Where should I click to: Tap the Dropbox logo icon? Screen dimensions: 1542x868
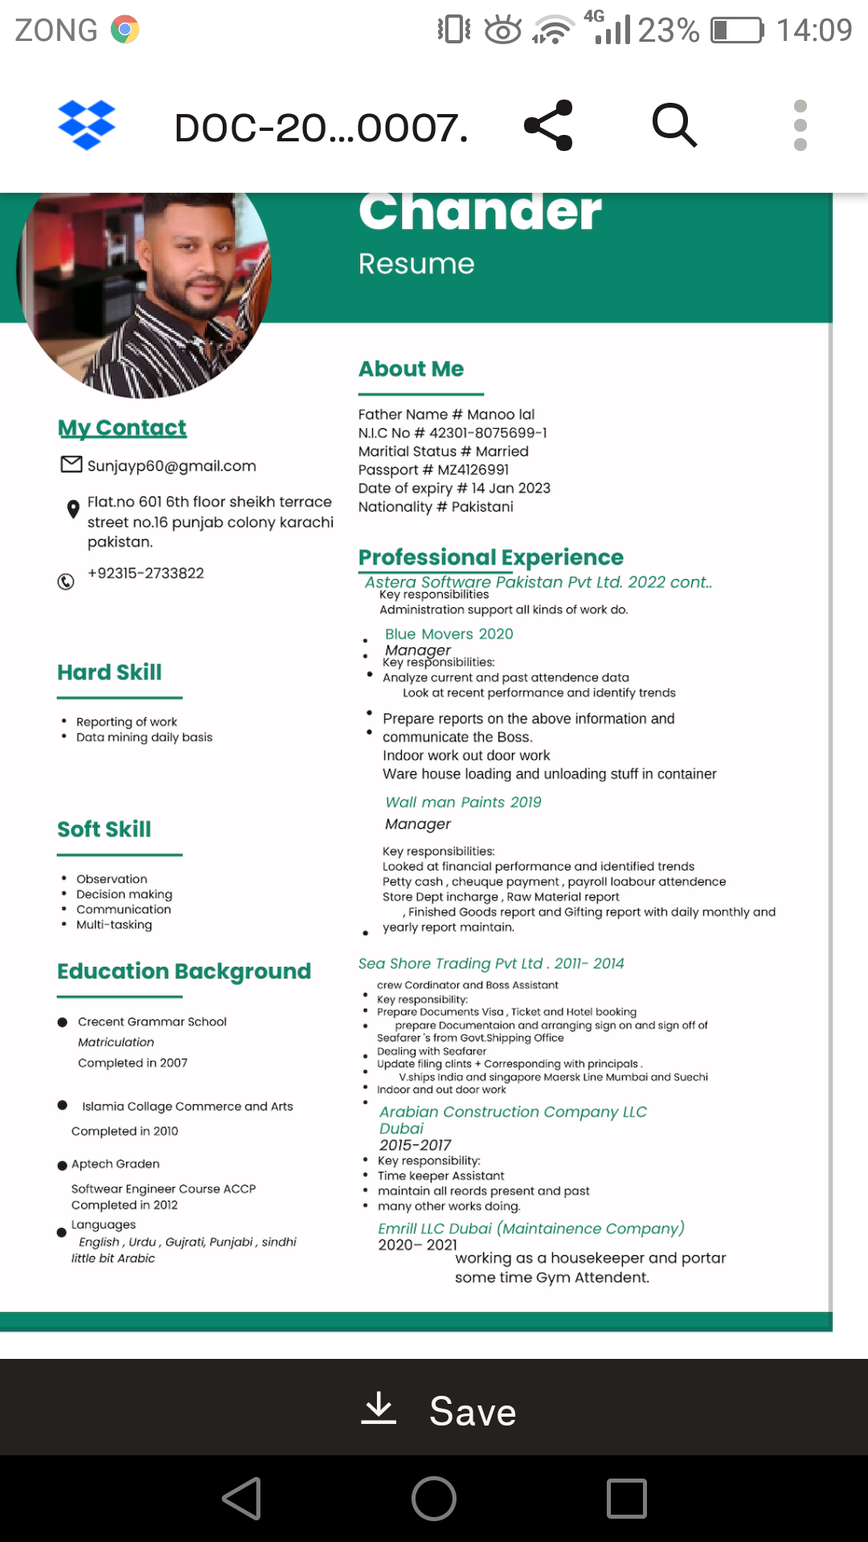point(87,125)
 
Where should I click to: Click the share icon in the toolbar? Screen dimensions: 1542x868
point(549,125)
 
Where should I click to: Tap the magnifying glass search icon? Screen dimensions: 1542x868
point(674,125)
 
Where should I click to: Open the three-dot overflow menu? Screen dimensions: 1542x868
point(800,125)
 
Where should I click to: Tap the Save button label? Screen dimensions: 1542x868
point(473,1411)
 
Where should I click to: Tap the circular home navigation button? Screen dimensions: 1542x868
point(434,1499)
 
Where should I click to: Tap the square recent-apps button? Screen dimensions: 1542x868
point(627,1499)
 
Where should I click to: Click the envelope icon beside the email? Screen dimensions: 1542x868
point(72,464)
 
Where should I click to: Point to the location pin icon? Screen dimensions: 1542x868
point(73,508)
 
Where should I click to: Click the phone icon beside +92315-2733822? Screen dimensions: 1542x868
point(66,581)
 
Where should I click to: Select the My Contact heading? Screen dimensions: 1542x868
point(122,428)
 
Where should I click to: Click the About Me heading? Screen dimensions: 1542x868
point(411,369)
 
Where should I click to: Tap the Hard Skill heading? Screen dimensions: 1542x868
point(109,672)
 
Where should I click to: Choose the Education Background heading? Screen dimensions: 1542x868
point(184,971)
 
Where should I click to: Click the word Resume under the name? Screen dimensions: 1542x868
point(416,264)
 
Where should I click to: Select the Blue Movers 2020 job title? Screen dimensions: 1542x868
point(448,634)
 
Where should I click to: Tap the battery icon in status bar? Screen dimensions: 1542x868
point(737,31)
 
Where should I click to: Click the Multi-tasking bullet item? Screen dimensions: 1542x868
point(113,925)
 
